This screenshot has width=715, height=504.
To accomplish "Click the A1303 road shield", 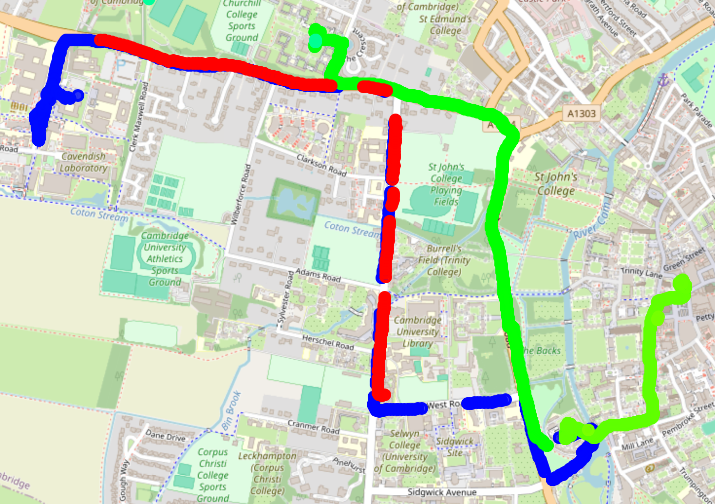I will point(582,114).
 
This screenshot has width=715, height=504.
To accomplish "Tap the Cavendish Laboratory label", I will point(83,162).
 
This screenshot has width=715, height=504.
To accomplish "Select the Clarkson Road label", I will point(321,165).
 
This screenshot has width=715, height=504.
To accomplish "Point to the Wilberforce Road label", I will point(242,194).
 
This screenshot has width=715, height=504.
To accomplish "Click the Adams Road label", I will point(318,275).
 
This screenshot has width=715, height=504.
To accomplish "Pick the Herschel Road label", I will point(328,342).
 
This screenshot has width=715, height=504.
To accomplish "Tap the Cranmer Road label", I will point(314,427).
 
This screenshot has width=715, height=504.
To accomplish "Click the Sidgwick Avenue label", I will point(442,492).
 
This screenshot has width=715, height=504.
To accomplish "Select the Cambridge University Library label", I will point(417,332).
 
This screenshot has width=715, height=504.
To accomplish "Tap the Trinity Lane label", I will point(641,273).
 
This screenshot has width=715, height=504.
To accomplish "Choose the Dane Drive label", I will point(166,435).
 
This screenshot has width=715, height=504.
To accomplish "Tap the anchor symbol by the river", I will point(663,80).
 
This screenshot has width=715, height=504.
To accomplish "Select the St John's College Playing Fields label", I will point(446,184).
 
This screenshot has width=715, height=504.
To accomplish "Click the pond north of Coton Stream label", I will point(294,201).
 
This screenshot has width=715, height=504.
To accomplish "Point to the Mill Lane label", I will point(637,444).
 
